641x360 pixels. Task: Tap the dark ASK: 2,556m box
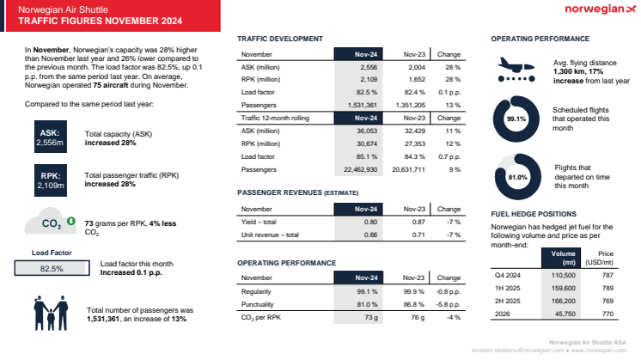point(49,137)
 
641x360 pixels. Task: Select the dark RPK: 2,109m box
point(49,180)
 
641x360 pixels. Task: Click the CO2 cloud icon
point(55,225)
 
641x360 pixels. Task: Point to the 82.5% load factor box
point(52,268)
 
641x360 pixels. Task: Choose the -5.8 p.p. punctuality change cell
point(449,303)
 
